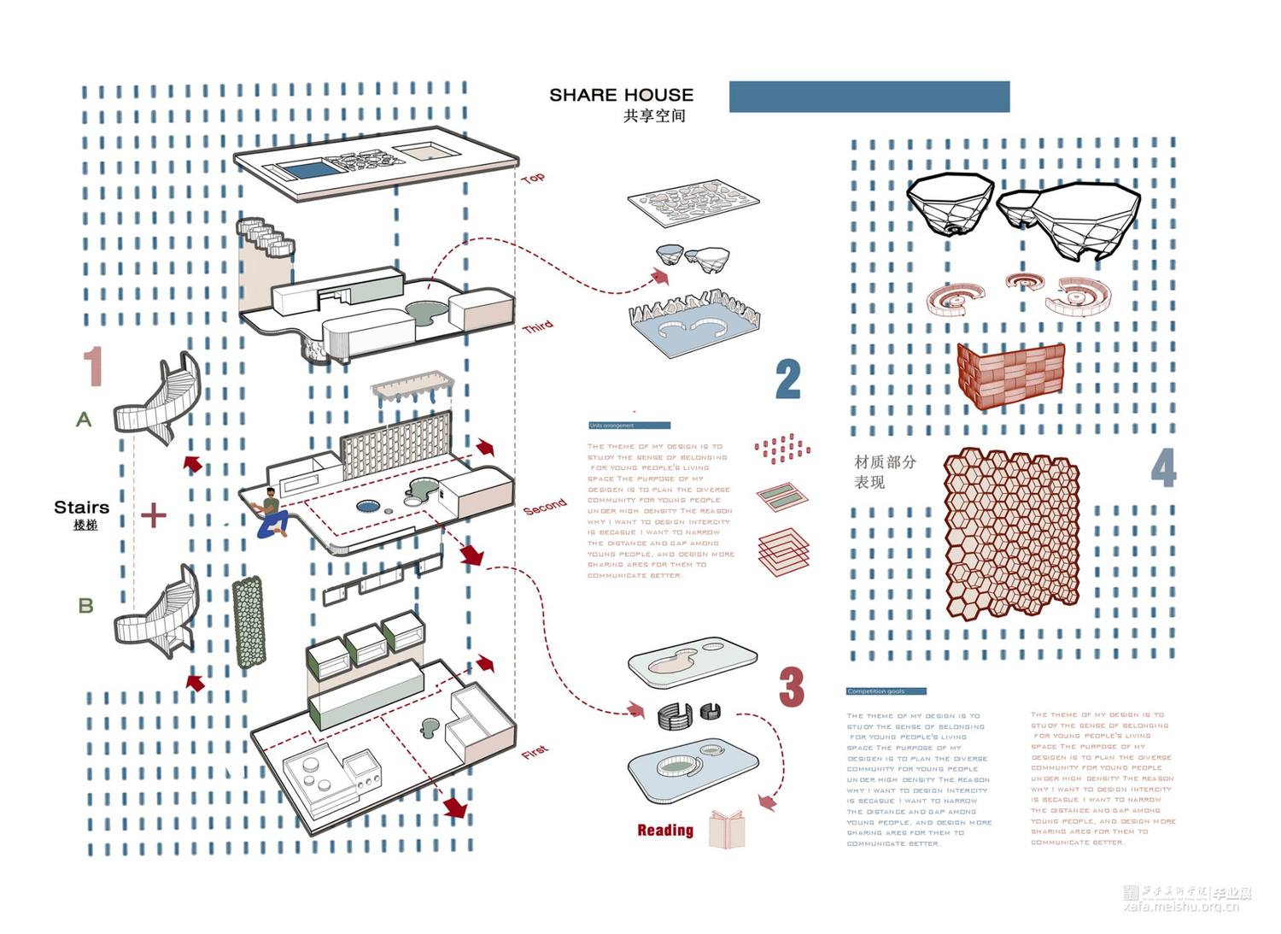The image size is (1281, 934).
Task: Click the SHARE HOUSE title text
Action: pyautogui.click(x=621, y=95)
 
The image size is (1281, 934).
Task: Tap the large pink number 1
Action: pyautogui.click(x=93, y=367)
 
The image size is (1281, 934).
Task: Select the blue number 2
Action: pyautogui.click(x=788, y=379)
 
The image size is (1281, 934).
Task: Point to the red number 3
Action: pyautogui.click(x=792, y=686)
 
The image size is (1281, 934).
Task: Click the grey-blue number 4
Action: pyautogui.click(x=1163, y=467)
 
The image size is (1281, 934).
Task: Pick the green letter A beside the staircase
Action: pyautogui.click(x=84, y=420)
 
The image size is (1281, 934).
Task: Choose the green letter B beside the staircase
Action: pyautogui.click(x=85, y=606)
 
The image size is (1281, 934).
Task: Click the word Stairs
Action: pyautogui.click(x=81, y=508)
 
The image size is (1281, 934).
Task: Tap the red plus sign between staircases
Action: pyautogui.click(x=154, y=515)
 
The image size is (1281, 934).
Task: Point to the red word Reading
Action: pyautogui.click(x=665, y=830)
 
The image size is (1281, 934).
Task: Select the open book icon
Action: pyautogui.click(x=727, y=829)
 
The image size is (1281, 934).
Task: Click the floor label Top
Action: pyautogui.click(x=533, y=178)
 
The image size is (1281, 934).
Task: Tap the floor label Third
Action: pyautogui.click(x=538, y=327)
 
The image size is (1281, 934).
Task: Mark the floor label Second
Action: pyautogui.click(x=545, y=506)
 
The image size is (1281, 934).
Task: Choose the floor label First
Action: pyautogui.click(x=535, y=752)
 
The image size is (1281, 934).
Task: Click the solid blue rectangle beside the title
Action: pyautogui.click(x=869, y=97)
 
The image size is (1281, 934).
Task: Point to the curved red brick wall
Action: pyautogui.click(x=1011, y=375)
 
